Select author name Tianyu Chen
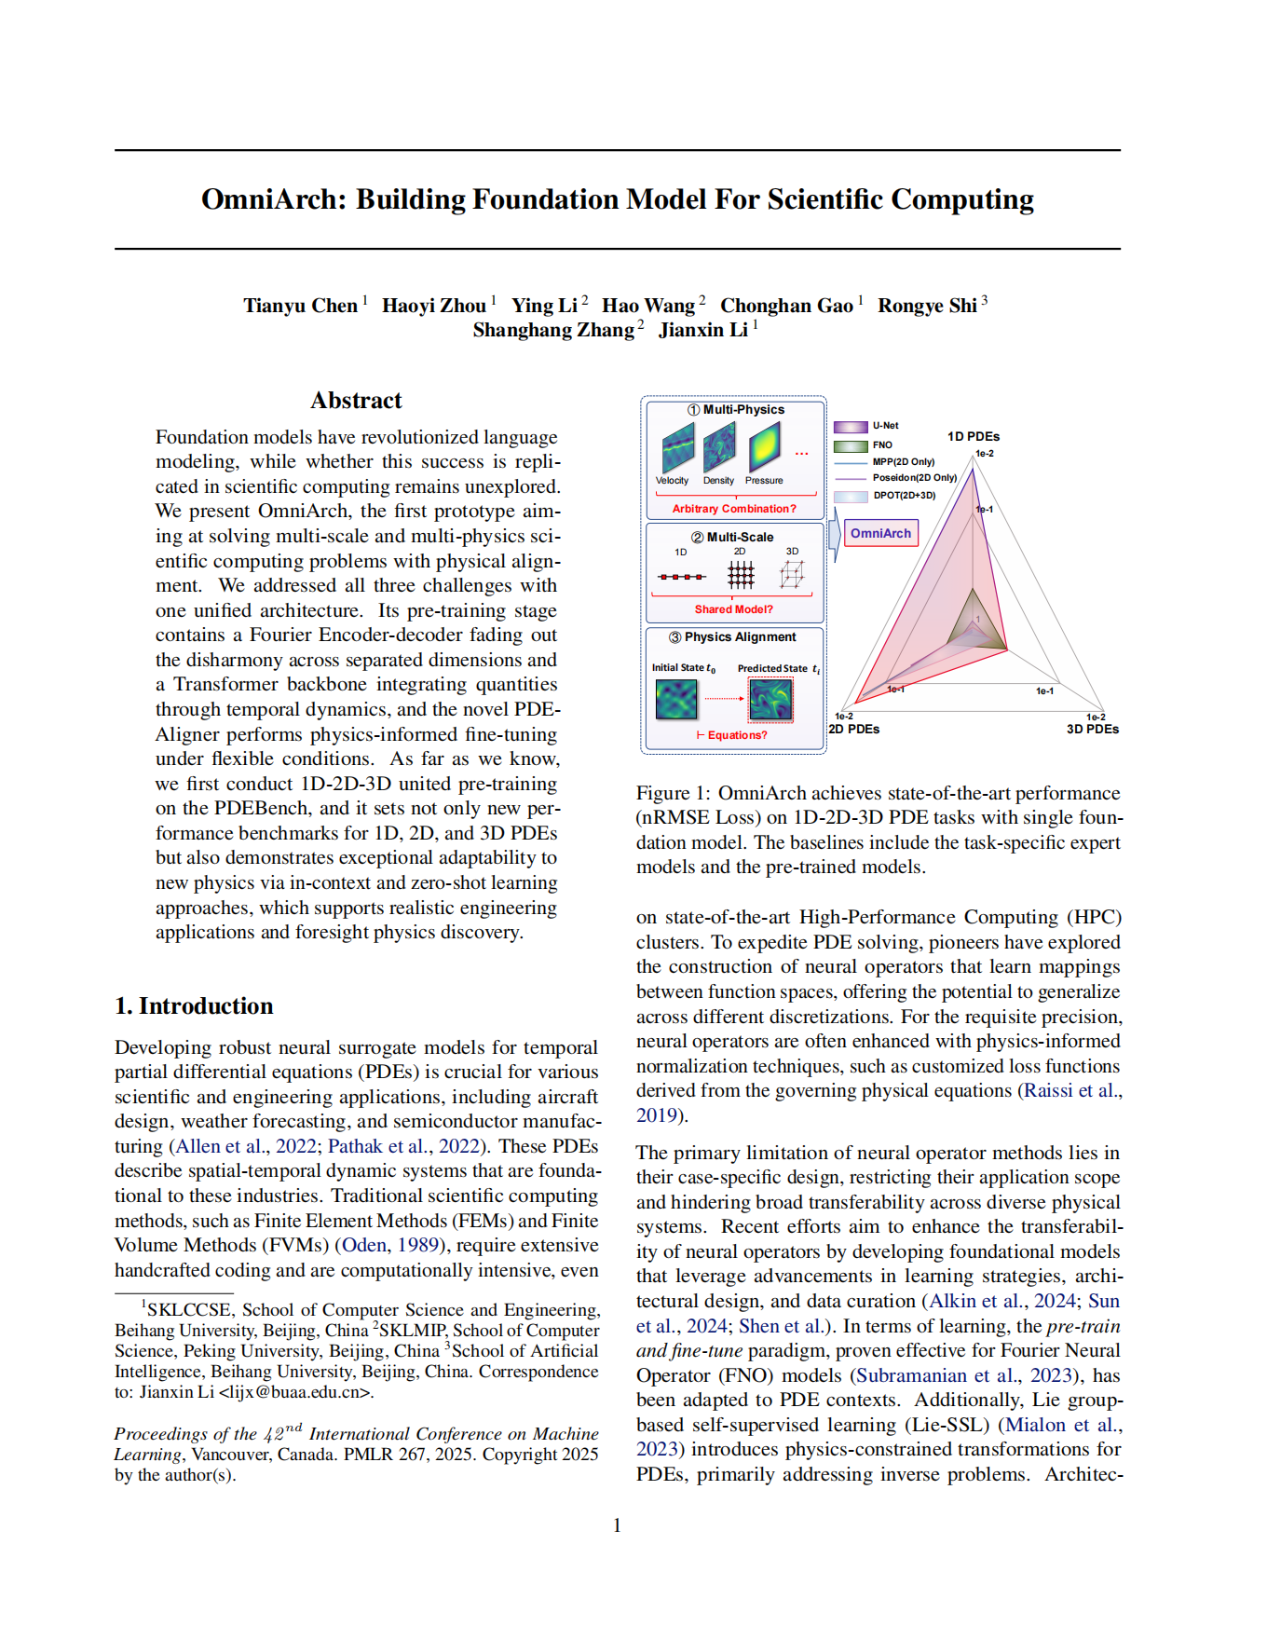pos(300,306)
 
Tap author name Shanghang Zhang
pos(553,330)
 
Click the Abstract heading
pos(356,401)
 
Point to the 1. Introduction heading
pos(194,1006)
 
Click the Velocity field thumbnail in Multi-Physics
pos(677,448)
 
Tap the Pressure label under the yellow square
pos(764,481)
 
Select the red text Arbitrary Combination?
pos(734,509)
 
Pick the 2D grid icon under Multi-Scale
pos(741,575)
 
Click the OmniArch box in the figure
pos(880,533)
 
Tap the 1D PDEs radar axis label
pos(974,436)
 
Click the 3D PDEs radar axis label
pos(1092,729)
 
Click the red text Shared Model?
pos(733,609)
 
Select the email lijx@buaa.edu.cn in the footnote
pos(295,1393)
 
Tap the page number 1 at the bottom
pos(617,1525)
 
